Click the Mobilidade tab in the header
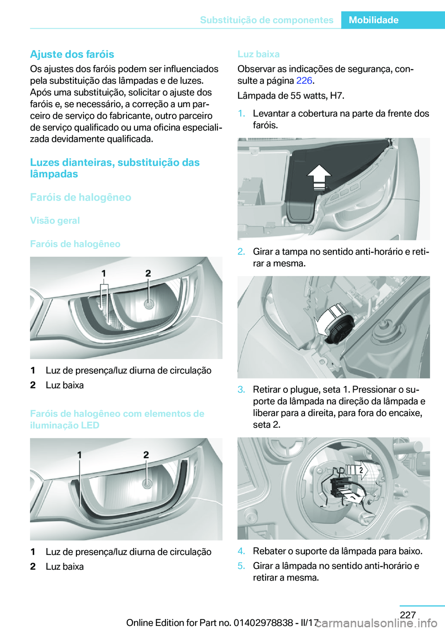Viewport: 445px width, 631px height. tap(373, 20)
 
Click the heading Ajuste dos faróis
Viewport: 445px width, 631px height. tap(72, 54)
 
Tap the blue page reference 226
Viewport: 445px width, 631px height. tap(304, 81)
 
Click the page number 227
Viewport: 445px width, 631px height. tap(407, 614)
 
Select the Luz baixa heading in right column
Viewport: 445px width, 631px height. tap(258, 54)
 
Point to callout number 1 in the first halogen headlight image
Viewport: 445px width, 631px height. tap(104, 273)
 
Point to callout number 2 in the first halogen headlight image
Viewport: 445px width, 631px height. tap(148, 273)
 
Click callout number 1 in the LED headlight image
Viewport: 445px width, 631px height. tap(79, 455)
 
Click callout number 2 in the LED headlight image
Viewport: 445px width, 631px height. tap(146, 455)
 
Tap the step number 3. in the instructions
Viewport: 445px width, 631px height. tap(241, 390)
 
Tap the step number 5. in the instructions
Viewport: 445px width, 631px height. tap(241, 566)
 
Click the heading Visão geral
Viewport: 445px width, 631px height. tap(55, 221)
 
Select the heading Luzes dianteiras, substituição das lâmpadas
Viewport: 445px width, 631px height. tap(114, 168)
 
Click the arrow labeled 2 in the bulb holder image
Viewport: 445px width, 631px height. tap(361, 471)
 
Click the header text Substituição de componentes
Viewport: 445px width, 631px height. tap(267, 20)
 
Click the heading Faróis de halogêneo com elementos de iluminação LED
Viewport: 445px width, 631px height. tap(117, 419)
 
